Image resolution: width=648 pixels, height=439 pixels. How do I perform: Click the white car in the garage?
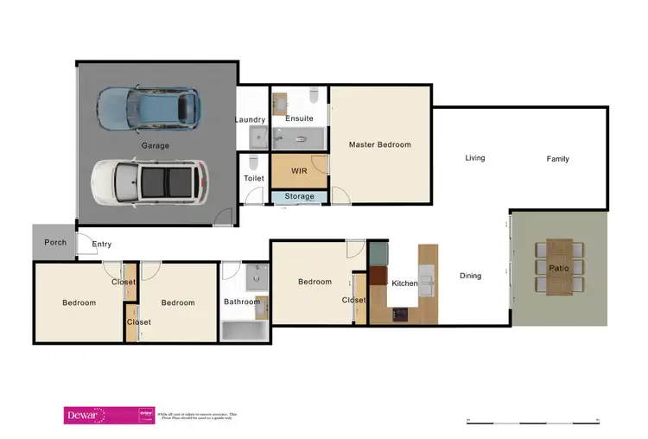coord(148,183)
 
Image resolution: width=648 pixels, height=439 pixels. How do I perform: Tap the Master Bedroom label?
coord(379,144)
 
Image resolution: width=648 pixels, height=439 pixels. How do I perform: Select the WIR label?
coord(299,171)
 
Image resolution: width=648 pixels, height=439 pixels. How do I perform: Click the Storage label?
coord(299,197)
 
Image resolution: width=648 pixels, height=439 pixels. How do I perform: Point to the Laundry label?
coord(250,119)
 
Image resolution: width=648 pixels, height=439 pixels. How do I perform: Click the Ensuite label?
coord(299,118)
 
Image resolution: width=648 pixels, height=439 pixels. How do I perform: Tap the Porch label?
coord(55,242)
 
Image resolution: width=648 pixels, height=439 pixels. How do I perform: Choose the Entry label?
coord(102,245)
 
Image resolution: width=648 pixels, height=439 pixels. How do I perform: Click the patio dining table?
coord(559,267)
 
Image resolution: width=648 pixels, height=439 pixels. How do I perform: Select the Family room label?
coord(557,159)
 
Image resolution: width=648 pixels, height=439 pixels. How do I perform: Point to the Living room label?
coord(474,158)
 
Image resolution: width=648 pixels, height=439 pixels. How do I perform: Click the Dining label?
coord(470,276)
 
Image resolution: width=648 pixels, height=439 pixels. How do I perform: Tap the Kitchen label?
coord(404,283)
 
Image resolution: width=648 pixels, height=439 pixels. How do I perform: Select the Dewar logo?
coord(85,416)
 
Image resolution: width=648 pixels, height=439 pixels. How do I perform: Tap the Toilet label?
coord(253,179)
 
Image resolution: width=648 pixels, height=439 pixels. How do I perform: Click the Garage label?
coord(156,145)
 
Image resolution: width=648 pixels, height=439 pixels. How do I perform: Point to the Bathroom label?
coord(241,302)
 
